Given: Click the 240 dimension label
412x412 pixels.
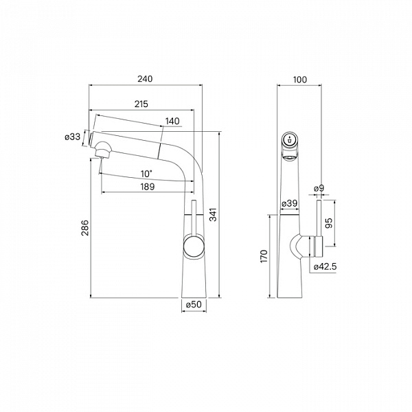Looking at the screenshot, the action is point(145,79).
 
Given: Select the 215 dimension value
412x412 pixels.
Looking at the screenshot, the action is point(141,104).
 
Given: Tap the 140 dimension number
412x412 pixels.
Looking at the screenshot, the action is point(172,121).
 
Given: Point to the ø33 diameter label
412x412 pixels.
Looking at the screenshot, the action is point(73,137).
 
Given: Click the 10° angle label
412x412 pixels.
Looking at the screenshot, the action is point(146,174).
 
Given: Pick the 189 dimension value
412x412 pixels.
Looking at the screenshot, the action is point(148,187).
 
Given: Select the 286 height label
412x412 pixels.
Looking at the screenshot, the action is point(85,227).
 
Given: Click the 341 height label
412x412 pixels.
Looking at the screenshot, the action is point(214,215).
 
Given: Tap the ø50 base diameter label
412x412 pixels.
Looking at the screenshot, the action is point(194,304).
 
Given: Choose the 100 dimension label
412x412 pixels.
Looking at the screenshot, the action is point(300,80).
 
